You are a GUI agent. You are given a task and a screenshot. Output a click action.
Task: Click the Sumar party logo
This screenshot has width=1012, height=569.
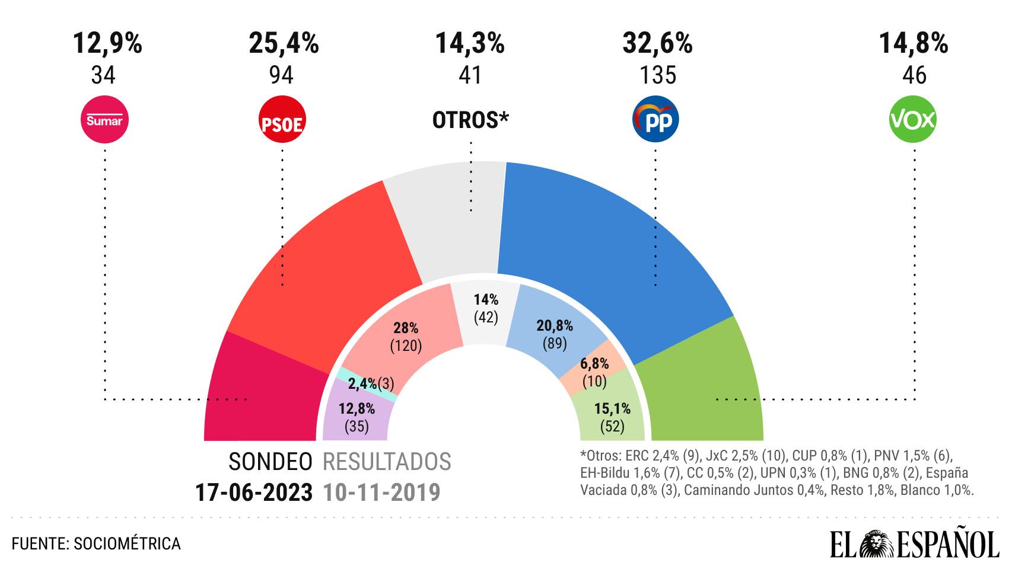coord(104,120)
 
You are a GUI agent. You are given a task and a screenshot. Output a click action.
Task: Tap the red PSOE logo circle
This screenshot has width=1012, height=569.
coord(282,120)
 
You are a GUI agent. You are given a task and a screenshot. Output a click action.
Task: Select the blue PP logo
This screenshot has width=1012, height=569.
coord(656,120)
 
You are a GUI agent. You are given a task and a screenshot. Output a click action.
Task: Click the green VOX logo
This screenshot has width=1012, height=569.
coord(913,120)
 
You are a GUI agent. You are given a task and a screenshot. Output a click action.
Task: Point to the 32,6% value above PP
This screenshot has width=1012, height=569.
coord(657,43)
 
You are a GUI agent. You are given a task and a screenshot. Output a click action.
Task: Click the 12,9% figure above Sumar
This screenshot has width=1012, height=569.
coord(107,43)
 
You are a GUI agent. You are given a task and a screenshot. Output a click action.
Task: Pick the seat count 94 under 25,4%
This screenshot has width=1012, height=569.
coord(281,75)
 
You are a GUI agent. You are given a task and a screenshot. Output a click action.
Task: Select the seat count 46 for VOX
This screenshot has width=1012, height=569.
coord(914,75)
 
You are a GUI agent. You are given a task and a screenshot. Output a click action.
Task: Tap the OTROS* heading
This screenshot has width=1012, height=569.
coord(470,120)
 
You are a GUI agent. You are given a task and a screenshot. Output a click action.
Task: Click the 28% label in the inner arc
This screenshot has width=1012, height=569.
coord(406,328)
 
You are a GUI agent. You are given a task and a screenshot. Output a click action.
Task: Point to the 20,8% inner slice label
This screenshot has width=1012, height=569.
coord(555,326)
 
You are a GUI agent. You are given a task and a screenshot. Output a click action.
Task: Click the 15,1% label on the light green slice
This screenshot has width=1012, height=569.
coord(612,409)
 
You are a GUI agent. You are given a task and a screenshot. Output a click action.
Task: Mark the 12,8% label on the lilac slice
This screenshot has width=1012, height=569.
coord(357,409)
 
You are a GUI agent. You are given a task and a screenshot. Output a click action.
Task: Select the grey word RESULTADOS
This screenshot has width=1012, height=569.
coord(387,462)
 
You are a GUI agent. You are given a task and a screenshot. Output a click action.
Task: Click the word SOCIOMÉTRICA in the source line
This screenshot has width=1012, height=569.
coord(127,544)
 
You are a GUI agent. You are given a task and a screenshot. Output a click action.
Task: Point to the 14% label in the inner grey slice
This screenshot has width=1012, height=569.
coord(486,301)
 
